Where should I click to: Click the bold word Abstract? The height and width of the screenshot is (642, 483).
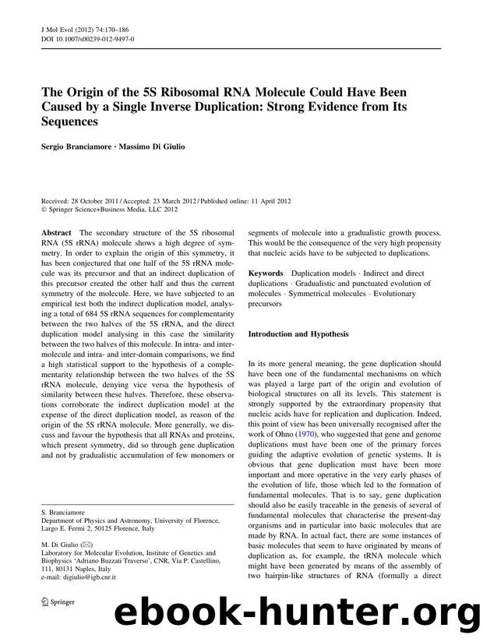(x=56, y=233)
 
